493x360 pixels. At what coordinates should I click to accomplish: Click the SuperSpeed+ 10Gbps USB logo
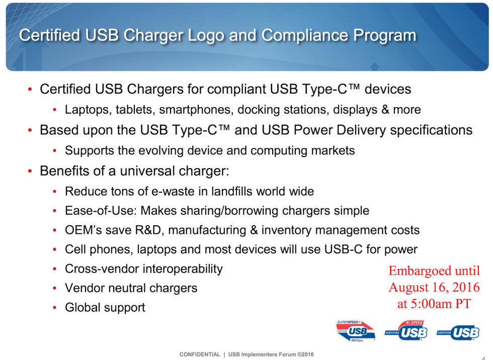tap(356, 331)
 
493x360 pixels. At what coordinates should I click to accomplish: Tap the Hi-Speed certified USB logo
tap(406, 330)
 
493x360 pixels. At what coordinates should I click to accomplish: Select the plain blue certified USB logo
tap(458, 333)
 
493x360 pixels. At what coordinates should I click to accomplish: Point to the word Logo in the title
tap(206, 36)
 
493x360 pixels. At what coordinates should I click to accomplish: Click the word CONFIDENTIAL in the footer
tap(200, 354)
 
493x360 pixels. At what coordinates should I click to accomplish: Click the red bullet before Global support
tap(55, 308)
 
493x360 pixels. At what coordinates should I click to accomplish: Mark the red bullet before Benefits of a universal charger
tap(30, 171)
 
